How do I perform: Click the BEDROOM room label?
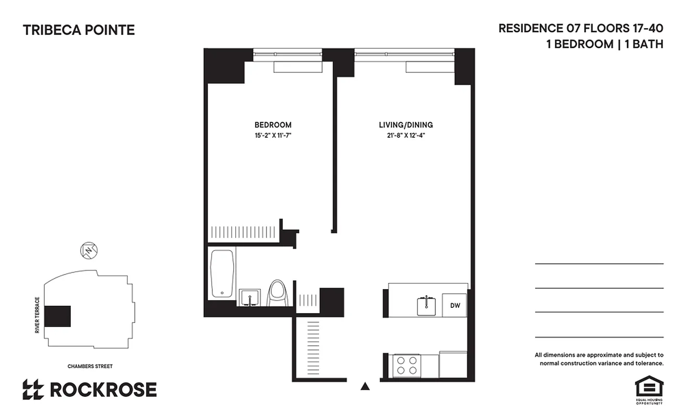click(x=273, y=125)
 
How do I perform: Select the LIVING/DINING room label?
click(x=405, y=125)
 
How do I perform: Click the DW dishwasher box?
click(x=454, y=306)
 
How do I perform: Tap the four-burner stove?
click(x=407, y=365)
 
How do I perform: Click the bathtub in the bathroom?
click(x=222, y=274)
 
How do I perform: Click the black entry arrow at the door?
click(x=365, y=386)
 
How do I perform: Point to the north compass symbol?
click(x=90, y=251)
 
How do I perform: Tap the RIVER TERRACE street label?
click(x=37, y=315)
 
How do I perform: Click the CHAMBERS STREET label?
click(x=90, y=367)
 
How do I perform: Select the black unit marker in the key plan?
click(x=57, y=316)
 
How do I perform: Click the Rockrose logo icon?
click(x=33, y=389)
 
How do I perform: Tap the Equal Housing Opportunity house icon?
click(x=649, y=387)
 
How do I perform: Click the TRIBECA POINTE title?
click(x=79, y=30)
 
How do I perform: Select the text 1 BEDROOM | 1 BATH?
click(x=604, y=44)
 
